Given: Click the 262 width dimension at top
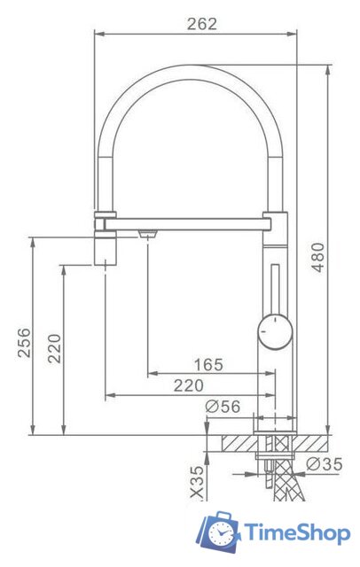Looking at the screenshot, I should point(201,25).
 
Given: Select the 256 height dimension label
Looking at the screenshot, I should point(25,343).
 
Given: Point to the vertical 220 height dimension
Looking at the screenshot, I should point(54,349).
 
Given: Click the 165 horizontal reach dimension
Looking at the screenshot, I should point(207,365).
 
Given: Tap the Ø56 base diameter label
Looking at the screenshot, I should point(222,406).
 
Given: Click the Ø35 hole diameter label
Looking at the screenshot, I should point(325,463).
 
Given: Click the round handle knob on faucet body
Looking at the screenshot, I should point(273,332).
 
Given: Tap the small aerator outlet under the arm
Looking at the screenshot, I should point(147,233).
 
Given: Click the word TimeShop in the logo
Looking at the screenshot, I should point(296,532).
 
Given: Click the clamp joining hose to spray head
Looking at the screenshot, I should point(105,215).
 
